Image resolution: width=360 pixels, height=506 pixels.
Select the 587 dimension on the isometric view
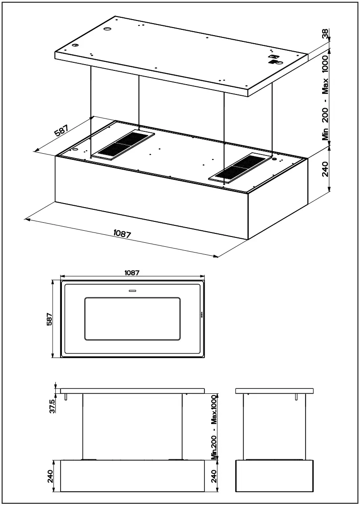point(61,132)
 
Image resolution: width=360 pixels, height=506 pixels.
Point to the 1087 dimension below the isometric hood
point(122,233)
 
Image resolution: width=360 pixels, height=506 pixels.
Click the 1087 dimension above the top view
point(132,273)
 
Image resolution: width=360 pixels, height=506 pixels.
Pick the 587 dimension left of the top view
point(50,319)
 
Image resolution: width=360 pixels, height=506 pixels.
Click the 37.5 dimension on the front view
point(52,406)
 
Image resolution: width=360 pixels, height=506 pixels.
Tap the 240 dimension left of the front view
point(50,476)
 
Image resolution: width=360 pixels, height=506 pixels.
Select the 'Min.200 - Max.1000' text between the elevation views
point(214,427)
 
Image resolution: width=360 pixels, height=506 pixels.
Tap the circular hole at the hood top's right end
point(274,158)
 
